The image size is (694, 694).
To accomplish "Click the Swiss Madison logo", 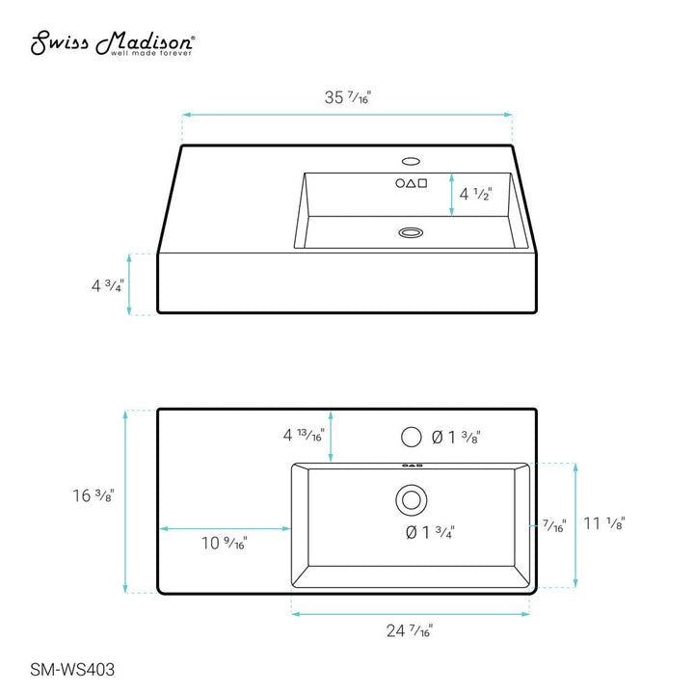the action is [113, 43].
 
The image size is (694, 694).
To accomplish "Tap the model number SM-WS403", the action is [72, 670].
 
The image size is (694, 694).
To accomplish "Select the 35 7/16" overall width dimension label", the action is [347, 97].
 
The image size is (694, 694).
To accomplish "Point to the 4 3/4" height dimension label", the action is [108, 285].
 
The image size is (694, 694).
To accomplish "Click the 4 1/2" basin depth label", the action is [476, 194].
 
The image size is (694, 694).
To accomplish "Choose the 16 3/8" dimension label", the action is [93, 495].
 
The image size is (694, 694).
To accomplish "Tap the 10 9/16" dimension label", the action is [224, 543].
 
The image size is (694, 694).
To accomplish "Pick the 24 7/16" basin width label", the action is [410, 630].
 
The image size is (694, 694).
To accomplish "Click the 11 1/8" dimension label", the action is [604, 523].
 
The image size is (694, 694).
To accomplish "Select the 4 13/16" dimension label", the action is [304, 435].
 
